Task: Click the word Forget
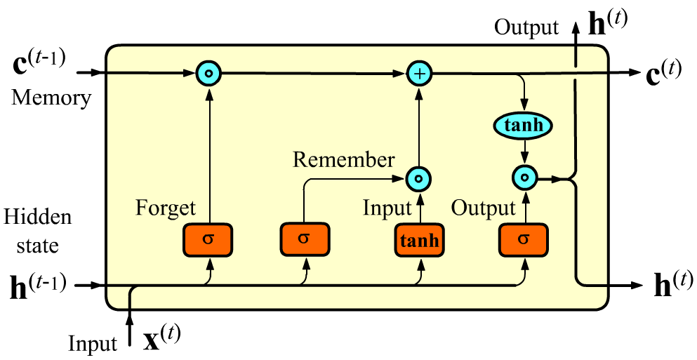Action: point(166,208)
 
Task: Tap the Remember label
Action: point(343,159)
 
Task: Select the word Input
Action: point(387,208)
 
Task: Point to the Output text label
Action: point(483,208)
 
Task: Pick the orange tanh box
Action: point(419,241)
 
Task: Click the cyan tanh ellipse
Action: point(523,126)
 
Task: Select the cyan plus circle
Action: point(420,72)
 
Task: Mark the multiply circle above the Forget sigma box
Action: point(208,72)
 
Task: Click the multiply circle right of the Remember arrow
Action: point(419,179)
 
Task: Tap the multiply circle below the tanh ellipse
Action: point(524,178)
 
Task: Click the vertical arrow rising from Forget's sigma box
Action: point(208,154)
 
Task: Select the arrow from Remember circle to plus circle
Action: point(420,126)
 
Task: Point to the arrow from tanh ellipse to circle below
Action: point(524,152)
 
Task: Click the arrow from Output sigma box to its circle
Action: point(524,208)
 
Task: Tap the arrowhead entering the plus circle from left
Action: point(402,72)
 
